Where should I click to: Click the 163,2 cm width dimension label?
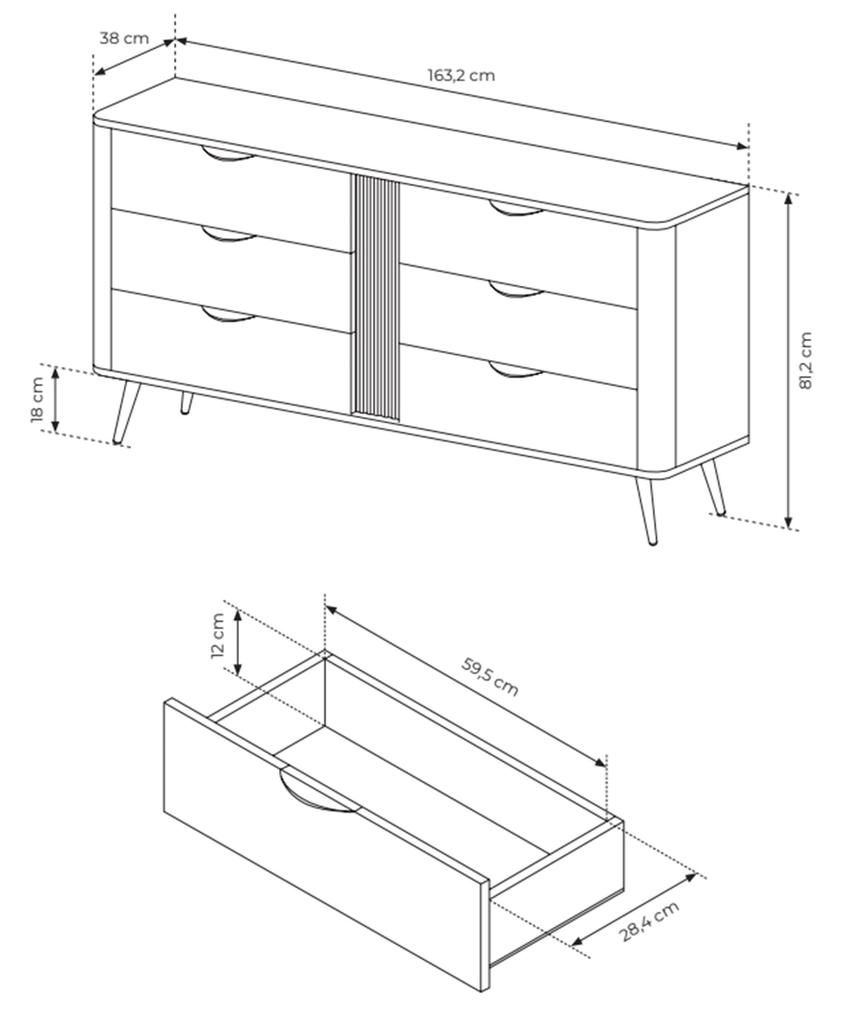pos(461,76)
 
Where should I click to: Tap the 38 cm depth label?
pos(124,38)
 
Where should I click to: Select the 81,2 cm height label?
pos(805,360)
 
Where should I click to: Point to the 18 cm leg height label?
pos(37,399)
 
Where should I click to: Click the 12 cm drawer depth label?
pos(218,635)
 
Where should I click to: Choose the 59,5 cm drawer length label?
pos(489,676)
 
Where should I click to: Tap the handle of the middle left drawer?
pos(228,235)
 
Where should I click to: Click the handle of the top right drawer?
pos(515,209)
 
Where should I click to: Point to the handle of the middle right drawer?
pos(515,290)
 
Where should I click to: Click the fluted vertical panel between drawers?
pos(375,297)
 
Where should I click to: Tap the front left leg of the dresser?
pos(126,413)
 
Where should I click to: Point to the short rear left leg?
pos(186,403)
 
